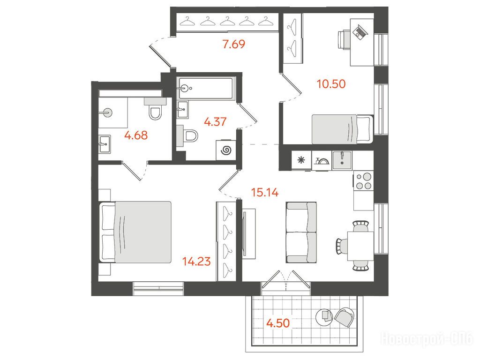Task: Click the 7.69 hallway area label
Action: coord(234,44)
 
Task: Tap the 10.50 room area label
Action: coord(331,83)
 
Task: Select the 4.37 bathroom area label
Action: coord(215,122)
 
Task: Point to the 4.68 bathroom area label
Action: coord(136,135)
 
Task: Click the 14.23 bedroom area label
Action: coord(196,262)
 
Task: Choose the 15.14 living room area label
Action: coord(265,192)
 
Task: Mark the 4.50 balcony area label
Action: coord(278,323)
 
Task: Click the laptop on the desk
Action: coord(360,31)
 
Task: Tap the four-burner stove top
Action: coord(363,181)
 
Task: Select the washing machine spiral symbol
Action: coord(226,150)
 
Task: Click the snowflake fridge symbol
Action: coord(301,160)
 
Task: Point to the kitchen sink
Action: coord(342,160)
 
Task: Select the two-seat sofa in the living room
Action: coord(301,232)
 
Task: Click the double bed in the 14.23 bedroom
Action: coord(135,232)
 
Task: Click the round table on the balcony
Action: coord(324,317)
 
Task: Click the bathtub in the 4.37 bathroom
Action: coord(206,88)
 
